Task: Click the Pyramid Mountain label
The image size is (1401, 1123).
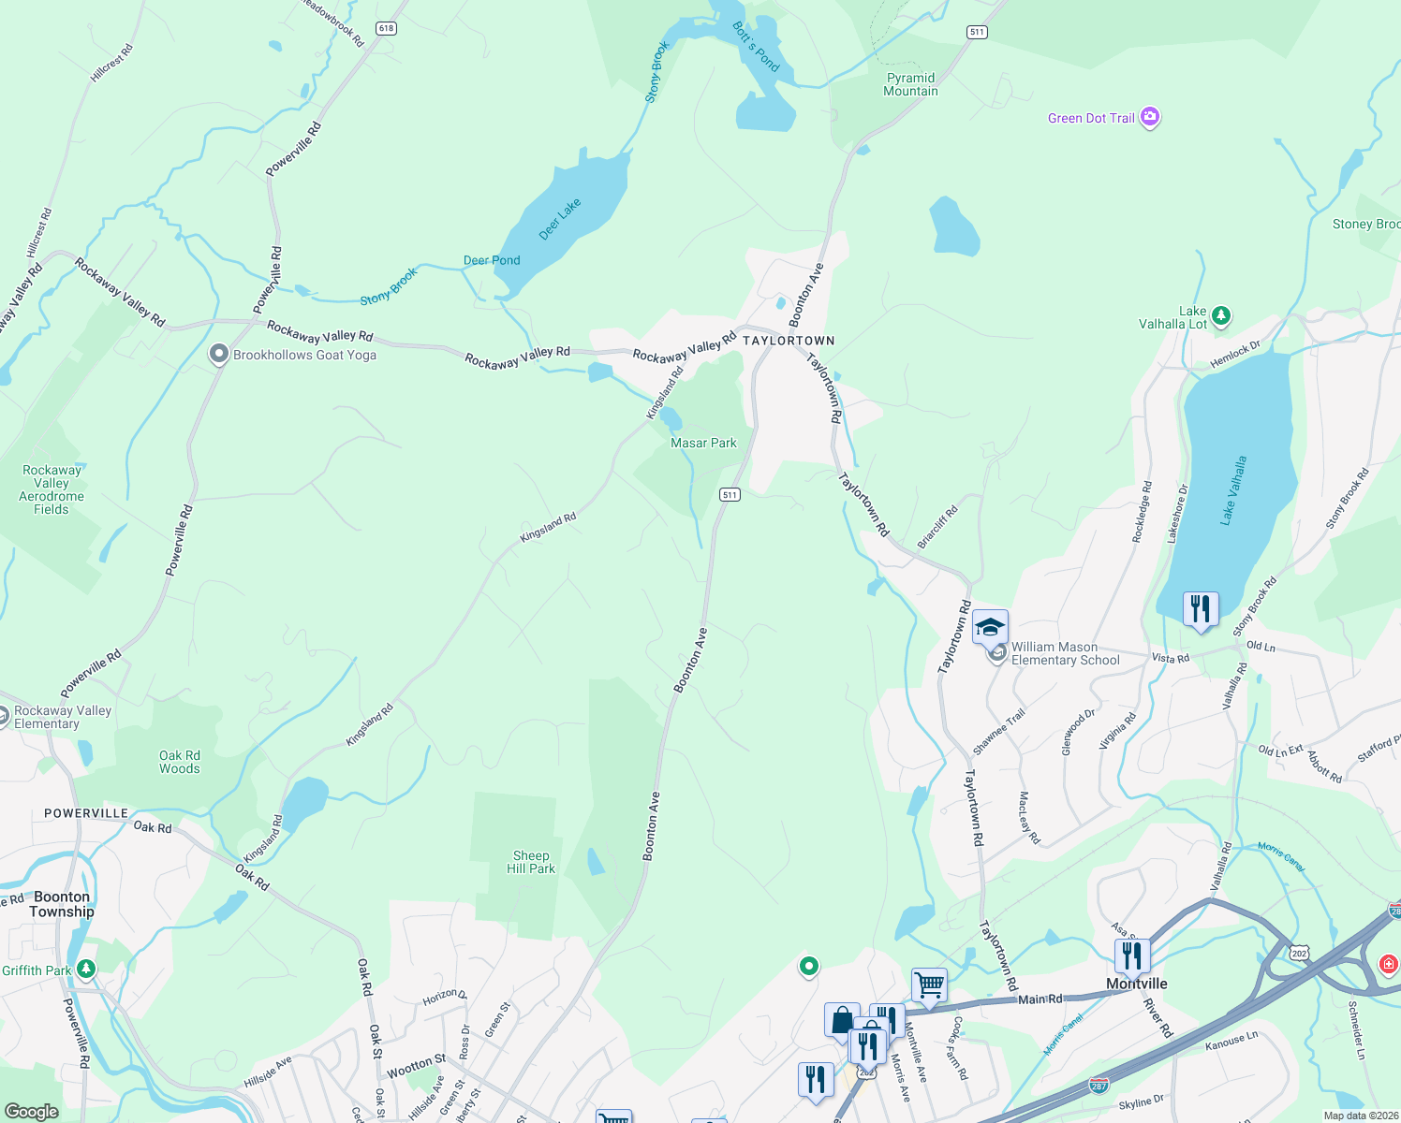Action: pyautogui.click(x=910, y=84)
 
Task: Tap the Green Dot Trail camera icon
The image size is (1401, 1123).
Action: pyautogui.click(x=1150, y=118)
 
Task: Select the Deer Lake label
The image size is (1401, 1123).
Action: pyautogui.click(x=560, y=219)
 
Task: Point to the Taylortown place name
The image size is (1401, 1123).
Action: pyautogui.click(x=789, y=341)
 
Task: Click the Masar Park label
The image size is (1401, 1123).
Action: pyautogui.click(x=703, y=443)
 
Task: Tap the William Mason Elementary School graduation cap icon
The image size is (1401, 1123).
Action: pyautogui.click(x=990, y=627)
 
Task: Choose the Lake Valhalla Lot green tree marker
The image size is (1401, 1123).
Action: pyautogui.click(x=1220, y=315)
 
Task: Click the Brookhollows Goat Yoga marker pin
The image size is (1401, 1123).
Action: pyautogui.click(x=218, y=355)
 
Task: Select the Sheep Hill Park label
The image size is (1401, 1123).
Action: pyautogui.click(x=531, y=862)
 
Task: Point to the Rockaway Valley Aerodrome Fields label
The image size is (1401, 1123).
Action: pyautogui.click(x=52, y=489)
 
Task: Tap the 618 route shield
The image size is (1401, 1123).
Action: pyautogui.click(x=386, y=29)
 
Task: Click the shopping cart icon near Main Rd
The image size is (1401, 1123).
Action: pyautogui.click(x=929, y=984)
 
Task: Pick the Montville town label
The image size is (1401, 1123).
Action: pyautogui.click(x=1137, y=984)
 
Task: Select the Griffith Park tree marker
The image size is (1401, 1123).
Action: pyautogui.click(x=86, y=969)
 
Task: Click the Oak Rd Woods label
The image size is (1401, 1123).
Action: pyautogui.click(x=179, y=762)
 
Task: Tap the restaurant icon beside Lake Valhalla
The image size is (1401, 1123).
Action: pyautogui.click(x=1200, y=609)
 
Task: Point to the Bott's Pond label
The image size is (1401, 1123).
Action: pyautogui.click(x=756, y=47)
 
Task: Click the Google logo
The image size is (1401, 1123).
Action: pyautogui.click(x=31, y=1112)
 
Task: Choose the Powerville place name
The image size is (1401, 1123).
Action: pyautogui.click(x=86, y=813)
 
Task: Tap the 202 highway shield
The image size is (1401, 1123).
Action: pyautogui.click(x=1298, y=953)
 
